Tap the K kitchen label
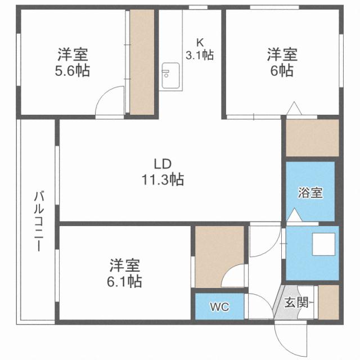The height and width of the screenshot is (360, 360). [200, 42]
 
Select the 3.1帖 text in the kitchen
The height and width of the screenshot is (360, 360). [200, 55]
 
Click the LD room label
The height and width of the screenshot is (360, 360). [163, 164]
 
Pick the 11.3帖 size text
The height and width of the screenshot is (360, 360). [163, 180]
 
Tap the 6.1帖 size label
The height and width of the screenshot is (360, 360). [125, 280]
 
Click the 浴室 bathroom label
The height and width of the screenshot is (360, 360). [310, 192]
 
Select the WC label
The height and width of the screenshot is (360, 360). [219, 307]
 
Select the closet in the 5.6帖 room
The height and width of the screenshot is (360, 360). [142, 62]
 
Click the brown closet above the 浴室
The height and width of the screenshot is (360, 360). [312, 138]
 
